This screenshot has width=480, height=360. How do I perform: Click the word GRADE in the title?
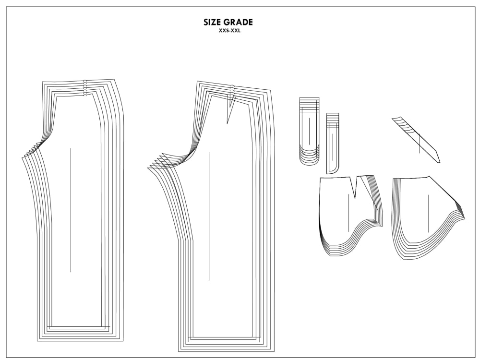(238, 22)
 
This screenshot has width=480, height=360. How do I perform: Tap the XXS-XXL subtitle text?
(229, 31)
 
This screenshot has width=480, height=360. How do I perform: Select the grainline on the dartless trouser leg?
(71, 210)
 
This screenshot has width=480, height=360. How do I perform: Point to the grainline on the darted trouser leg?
(209, 216)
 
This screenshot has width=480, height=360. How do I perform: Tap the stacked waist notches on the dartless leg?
(85, 88)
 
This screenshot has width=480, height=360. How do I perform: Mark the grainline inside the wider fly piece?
(309, 132)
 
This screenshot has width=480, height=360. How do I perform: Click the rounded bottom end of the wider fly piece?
(309, 162)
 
